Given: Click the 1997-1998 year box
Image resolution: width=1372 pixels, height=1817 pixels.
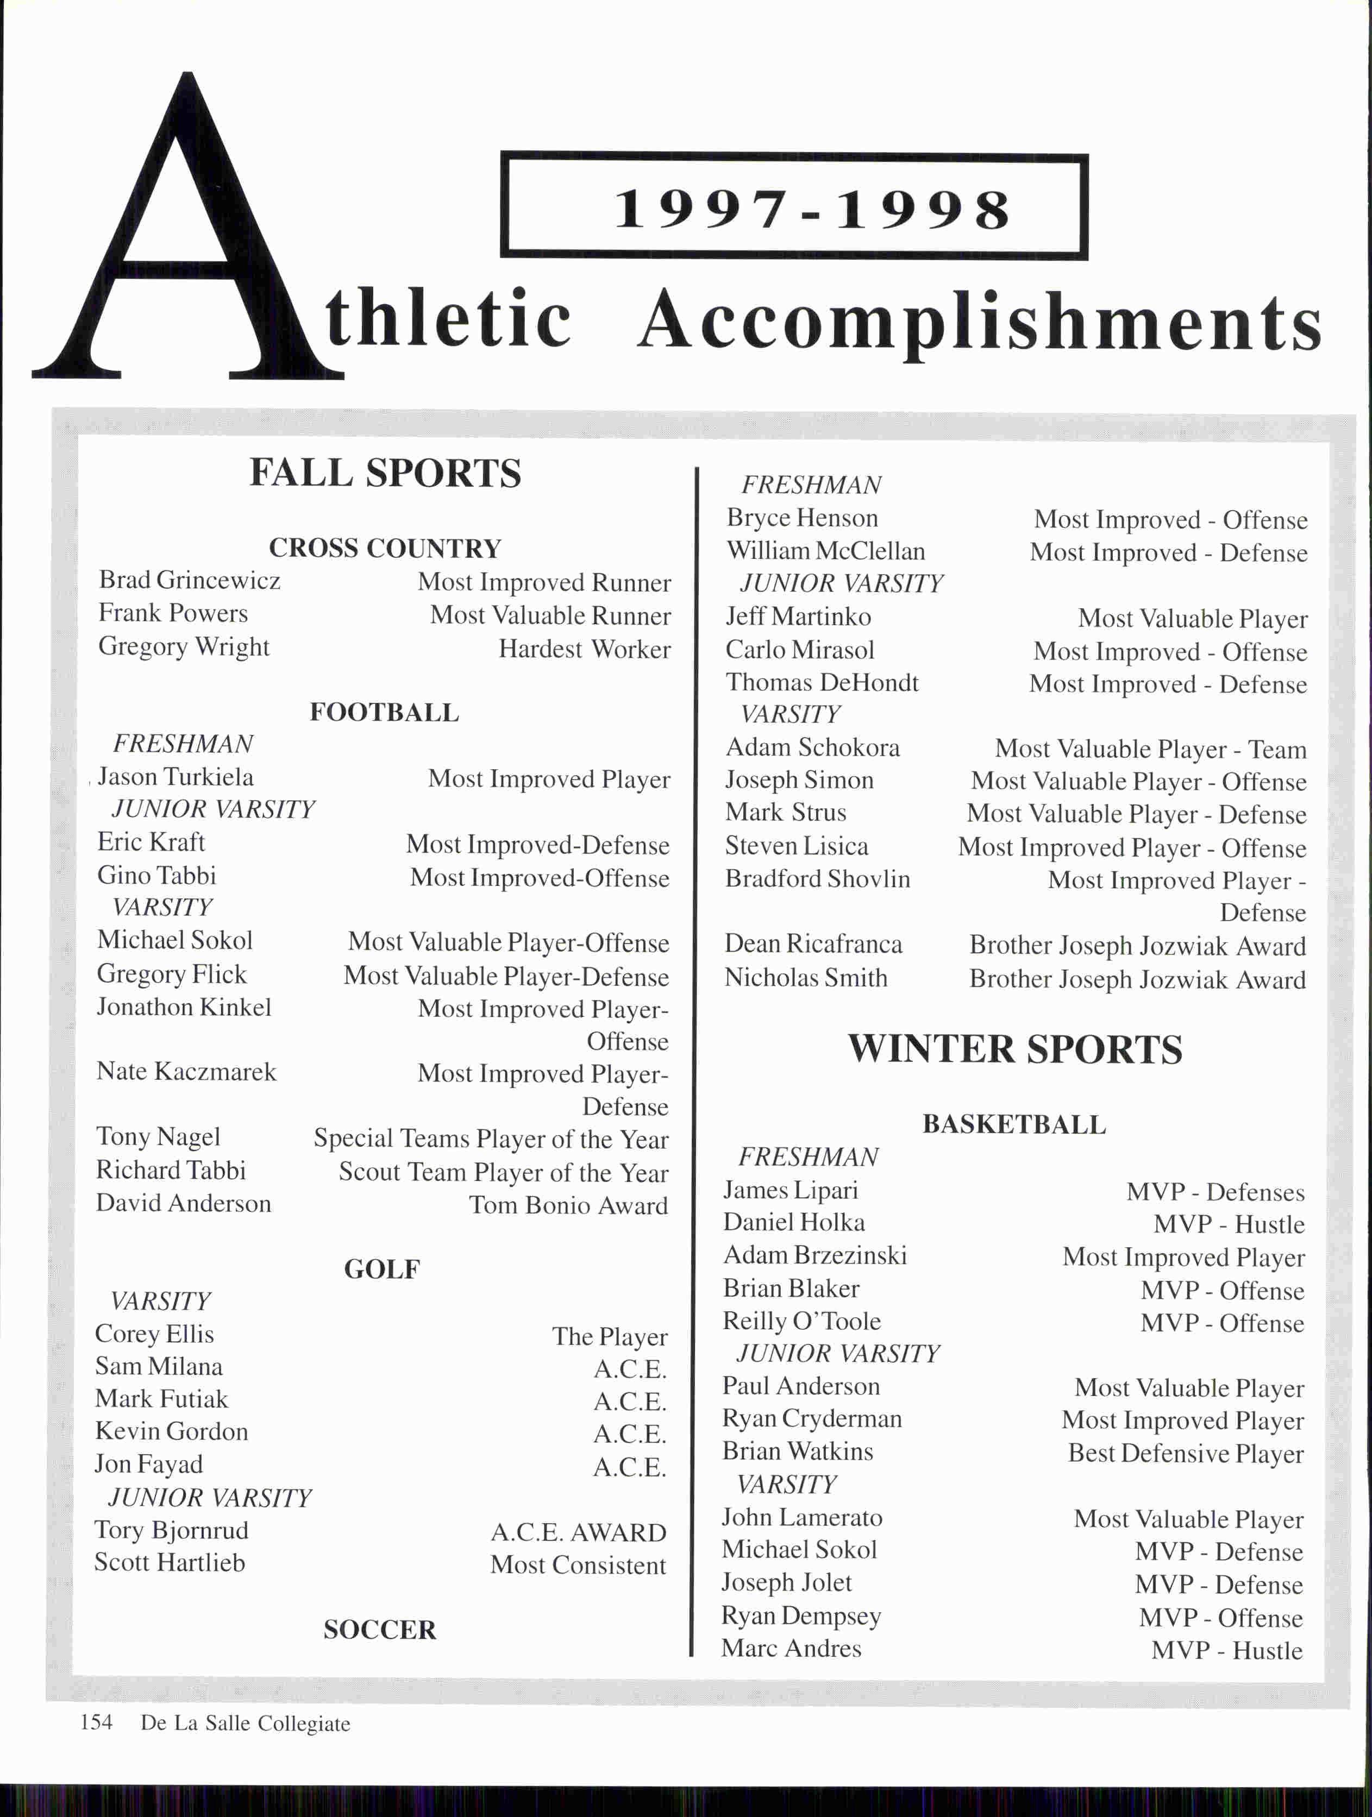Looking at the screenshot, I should point(794,207).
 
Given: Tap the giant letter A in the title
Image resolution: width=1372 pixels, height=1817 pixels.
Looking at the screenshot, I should point(187,247).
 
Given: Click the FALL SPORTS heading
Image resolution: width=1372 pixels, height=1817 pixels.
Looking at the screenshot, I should point(385,473).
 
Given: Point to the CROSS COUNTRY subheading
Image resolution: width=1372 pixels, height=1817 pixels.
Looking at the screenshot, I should point(385,548).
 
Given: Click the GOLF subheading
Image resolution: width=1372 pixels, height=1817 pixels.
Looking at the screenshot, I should point(382,1269).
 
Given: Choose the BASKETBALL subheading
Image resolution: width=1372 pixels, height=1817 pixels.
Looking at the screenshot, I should point(1014,1124).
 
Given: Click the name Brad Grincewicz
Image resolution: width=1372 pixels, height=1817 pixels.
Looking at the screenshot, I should point(190,580).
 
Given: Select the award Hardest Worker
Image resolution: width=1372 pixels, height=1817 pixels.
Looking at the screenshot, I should point(584,649).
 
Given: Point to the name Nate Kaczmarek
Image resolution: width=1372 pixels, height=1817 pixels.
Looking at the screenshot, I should point(186,1071).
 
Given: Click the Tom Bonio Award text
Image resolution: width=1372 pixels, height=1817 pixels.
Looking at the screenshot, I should point(568,1205).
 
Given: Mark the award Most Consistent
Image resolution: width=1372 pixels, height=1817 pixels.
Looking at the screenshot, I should point(578,1565).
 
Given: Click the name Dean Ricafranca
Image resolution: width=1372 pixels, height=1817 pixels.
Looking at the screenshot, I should point(813,944).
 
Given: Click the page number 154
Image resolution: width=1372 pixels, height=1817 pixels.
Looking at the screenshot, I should point(96,1722).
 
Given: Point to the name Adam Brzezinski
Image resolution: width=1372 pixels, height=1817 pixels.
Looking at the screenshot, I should point(815,1255).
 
